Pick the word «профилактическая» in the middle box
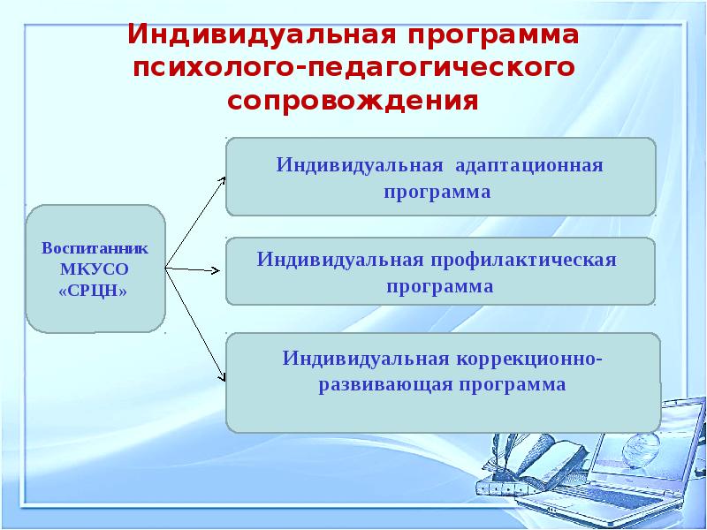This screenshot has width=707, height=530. point(524,261)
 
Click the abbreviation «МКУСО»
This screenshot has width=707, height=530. point(95,269)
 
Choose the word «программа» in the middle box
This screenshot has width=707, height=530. point(439,287)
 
